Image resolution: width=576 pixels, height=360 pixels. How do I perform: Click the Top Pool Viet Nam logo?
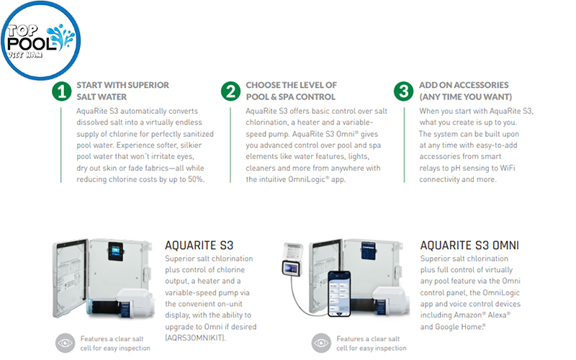coord(40,40)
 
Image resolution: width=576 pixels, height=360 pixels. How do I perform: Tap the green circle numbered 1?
coord(61,91)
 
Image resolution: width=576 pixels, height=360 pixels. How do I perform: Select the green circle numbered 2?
coord(230,91)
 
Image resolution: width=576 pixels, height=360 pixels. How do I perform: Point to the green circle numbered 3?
coord(404,91)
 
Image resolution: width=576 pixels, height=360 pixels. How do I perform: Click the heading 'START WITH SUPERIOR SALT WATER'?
coord(122,91)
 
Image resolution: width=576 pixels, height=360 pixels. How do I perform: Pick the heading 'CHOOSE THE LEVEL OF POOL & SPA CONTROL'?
coord(291,91)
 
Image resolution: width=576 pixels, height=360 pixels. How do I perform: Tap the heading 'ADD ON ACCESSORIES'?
coord(464,85)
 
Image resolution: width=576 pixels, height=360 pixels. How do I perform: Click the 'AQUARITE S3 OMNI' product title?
coord(469,245)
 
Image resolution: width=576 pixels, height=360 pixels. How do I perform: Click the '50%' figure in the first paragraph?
coord(196,179)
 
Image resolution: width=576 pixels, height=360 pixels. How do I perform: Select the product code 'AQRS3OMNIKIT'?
coord(195,338)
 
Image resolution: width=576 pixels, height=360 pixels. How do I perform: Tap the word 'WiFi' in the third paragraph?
coord(508,168)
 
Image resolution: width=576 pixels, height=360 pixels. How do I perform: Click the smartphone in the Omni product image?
coord(339,294)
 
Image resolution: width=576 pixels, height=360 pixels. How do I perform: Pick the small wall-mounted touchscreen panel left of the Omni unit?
coord(292,268)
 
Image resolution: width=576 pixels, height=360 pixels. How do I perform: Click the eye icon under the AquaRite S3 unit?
coord(65,343)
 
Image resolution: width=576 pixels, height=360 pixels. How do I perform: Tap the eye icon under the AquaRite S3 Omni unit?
coord(321,343)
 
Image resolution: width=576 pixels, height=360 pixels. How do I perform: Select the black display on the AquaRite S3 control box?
coord(115,251)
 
